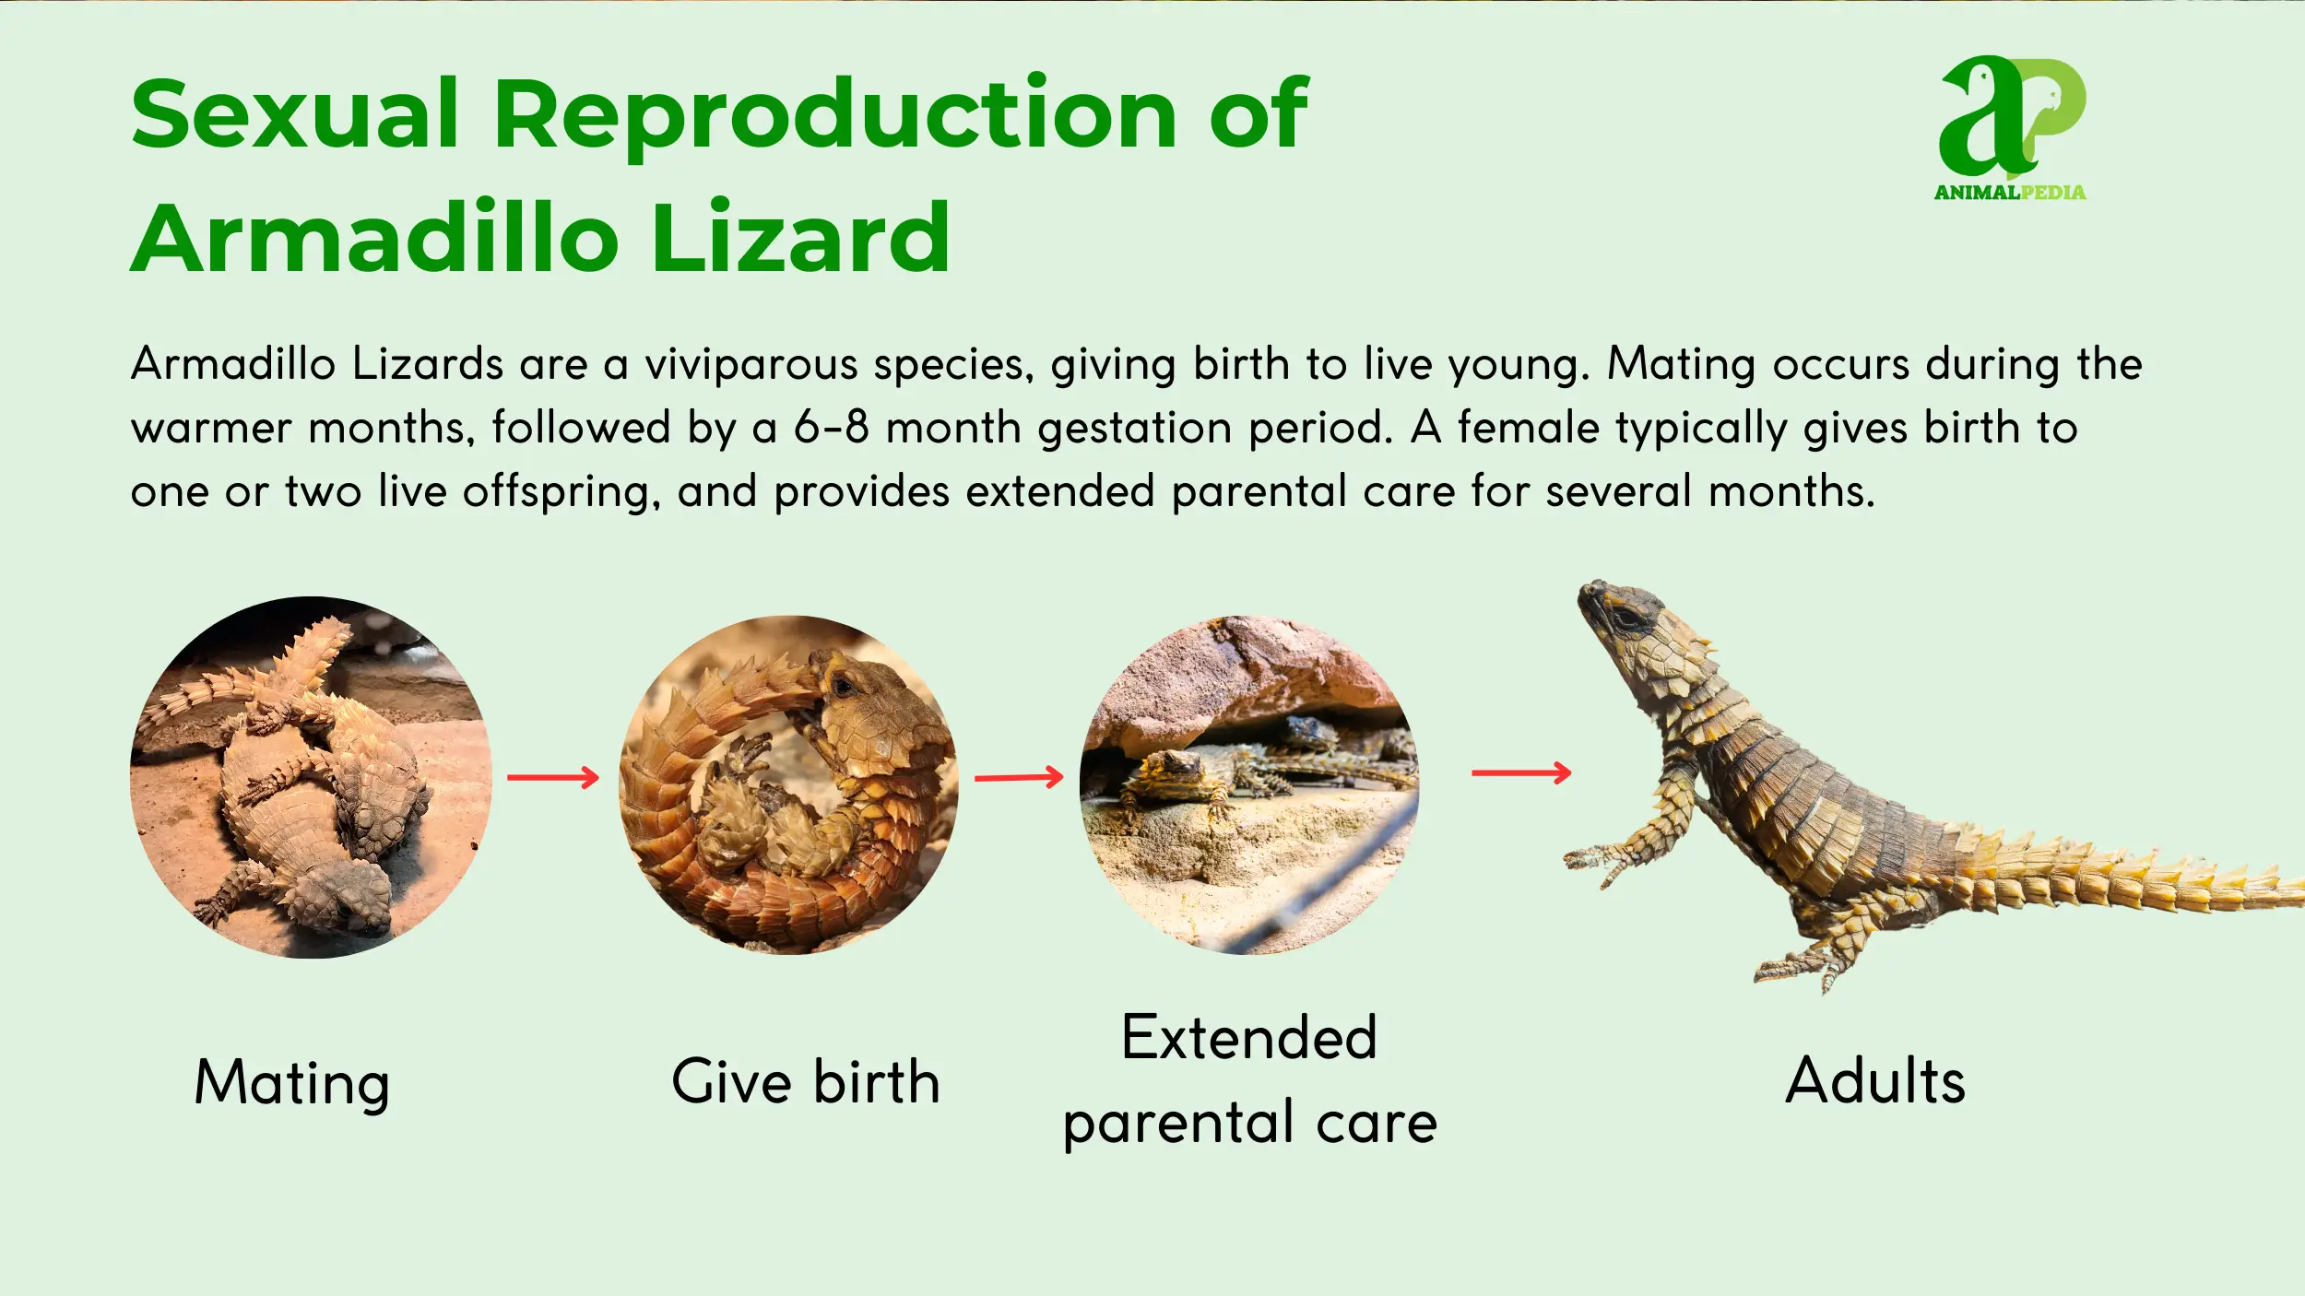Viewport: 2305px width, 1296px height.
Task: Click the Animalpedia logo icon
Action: pyautogui.click(x=2012, y=118)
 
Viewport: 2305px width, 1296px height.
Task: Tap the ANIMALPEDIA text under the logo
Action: pyautogui.click(x=2010, y=193)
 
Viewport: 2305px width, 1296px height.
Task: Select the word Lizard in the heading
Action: pyautogui.click(x=800, y=238)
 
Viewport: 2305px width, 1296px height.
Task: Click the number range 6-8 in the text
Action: pyautogui.click(x=832, y=428)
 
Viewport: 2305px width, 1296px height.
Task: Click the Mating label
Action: pyautogui.click(x=292, y=1084)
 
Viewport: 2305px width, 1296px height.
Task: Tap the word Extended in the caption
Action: pyautogui.click(x=1249, y=1038)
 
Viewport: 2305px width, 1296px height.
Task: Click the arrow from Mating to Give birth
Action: pyautogui.click(x=553, y=778)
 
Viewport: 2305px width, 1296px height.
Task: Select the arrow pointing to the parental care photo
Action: pyautogui.click(x=1020, y=778)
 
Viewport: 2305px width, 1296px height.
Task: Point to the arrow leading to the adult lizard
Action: pyautogui.click(x=1521, y=772)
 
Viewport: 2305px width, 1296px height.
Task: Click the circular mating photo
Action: pyautogui.click(x=312, y=776)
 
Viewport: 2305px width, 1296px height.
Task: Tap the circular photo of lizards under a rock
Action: pyautogui.click(x=1249, y=784)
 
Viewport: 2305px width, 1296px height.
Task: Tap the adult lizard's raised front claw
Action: pyautogui.click(x=1595, y=862)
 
